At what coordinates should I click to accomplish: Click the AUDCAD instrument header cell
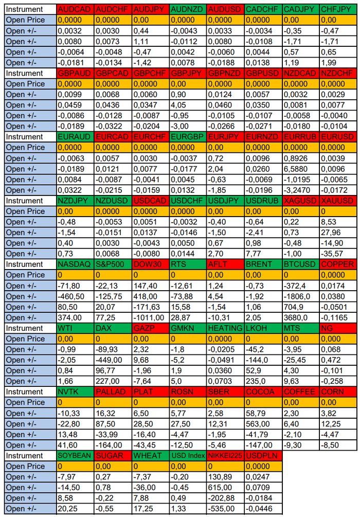(x=75, y=9)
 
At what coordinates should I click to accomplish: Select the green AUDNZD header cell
(x=188, y=9)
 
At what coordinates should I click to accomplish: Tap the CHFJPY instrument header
(x=337, y=9)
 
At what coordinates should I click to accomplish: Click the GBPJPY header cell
(x=188, y=73)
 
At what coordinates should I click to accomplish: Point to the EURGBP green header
(x=188, y=137)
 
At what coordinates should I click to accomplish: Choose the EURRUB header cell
(x=300, y=137)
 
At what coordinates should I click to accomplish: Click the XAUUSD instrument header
(x=337, y=201)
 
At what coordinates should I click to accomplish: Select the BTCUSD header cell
(x=300, y=264)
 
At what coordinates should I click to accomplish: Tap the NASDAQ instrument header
(x=75, y=264)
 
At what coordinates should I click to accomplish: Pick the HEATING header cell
(x=225, y=328)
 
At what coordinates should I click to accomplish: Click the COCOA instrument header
(x=263, y=392)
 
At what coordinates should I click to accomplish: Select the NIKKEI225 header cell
(x=225, y=456)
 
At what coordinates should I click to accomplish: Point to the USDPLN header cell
(x=263, y=456)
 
